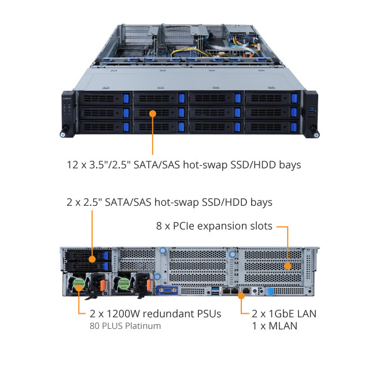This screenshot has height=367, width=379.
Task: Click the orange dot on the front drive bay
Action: point(153,113)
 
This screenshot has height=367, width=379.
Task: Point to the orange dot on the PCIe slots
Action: point(286,266)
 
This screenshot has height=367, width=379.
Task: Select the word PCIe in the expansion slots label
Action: point(212,226)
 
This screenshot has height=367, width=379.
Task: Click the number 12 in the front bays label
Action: point(71,165)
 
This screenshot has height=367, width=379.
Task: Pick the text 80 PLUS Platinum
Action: point(125,326)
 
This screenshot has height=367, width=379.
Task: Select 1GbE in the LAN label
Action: point(279,314)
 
